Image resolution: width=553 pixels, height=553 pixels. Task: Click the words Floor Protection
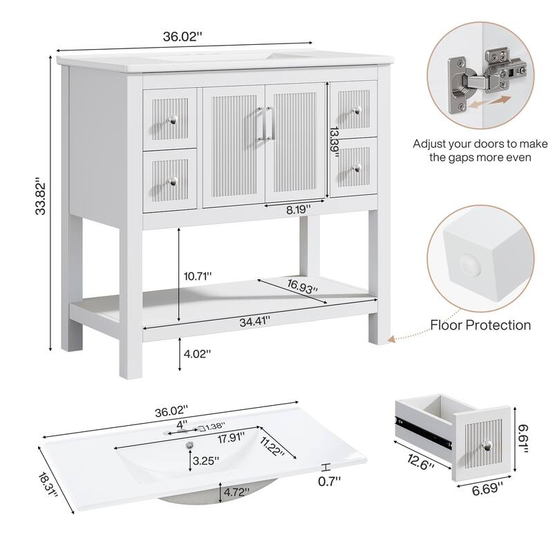click(x=480, y=325)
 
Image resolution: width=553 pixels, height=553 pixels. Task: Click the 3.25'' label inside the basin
click(x=206, y=460)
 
